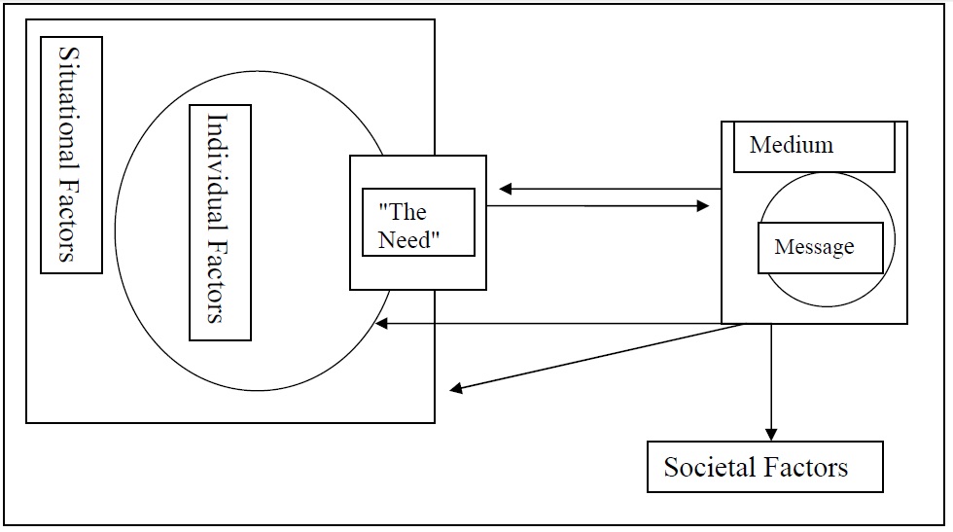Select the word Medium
[x=792, y=146]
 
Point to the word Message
[x=814, y=248]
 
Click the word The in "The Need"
[x=409, y=212]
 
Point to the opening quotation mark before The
[x=381, y=207]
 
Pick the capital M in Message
[x=781, y=248]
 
